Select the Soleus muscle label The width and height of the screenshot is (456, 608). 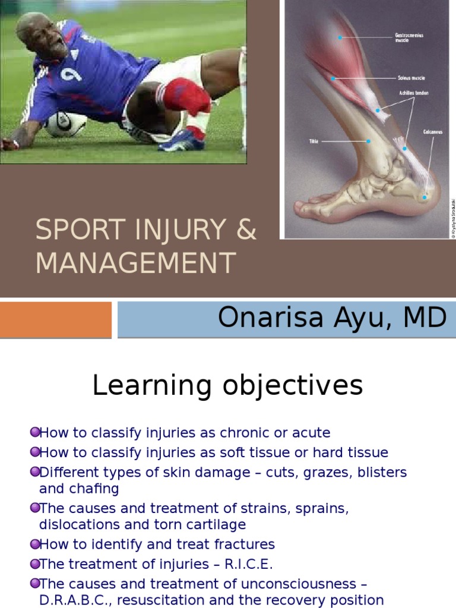[410, 78]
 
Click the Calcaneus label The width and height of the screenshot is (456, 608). [433, 132]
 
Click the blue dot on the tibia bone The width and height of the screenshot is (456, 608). [368, 141]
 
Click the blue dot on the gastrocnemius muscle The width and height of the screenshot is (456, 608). [340, 37]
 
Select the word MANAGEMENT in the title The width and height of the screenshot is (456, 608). [135, 263]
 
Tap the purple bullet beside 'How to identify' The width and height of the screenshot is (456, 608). [34, 544]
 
